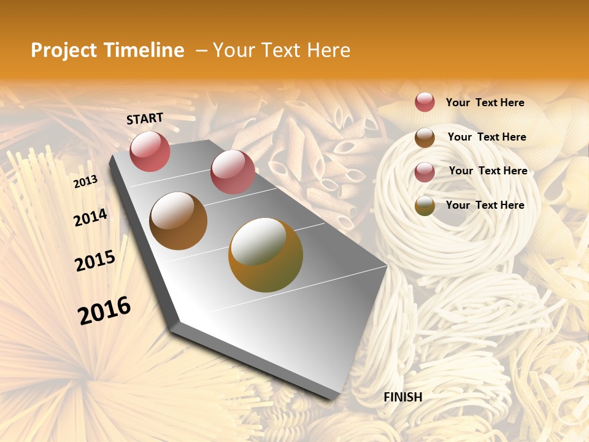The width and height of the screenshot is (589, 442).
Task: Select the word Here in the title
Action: click(328, 50)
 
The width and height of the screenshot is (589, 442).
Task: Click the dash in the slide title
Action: click(201, 50)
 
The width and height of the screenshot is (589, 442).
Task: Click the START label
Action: click(145, 118)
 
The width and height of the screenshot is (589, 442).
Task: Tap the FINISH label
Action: click(403, 397)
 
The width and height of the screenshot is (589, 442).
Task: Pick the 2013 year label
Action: click(85, 181)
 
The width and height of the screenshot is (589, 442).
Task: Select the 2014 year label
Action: click(90, 218)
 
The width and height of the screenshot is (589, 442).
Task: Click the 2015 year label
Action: click(95, 261)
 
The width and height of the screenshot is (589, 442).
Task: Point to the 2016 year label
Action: click(104, 311)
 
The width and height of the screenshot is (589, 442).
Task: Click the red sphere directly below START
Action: click(150, 151)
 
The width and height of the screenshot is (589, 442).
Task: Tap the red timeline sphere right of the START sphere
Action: click(233, 172)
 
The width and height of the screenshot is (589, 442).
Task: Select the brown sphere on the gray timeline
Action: click(178, 221)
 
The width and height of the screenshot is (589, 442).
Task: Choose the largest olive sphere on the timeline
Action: click(266, 255)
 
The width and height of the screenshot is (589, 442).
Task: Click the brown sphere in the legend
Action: click(425, 138)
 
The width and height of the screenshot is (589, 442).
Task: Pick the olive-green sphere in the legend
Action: click(425, 206)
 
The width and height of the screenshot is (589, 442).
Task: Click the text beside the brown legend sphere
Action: click(487, 137)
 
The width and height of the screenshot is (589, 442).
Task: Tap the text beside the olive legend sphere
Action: click(485, 205)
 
